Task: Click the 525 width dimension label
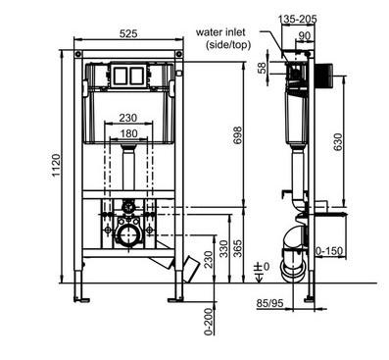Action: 128,33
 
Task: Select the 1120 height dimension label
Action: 56,166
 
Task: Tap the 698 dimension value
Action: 238,134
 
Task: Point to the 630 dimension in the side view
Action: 338,142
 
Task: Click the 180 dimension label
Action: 128,133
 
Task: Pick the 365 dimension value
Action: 238,248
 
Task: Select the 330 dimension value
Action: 224,248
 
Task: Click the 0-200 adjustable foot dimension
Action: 209,322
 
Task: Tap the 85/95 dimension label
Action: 269,304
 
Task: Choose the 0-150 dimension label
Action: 329,251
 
